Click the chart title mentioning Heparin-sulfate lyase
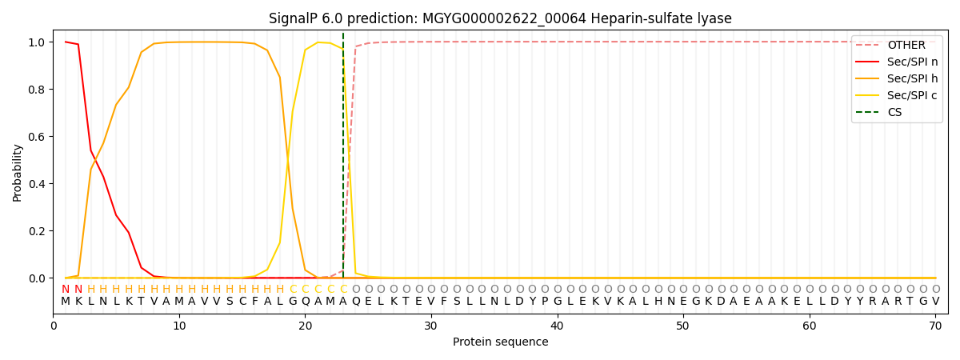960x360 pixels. pyautogui.click(x=500, y=18)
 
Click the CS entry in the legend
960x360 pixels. pyautogui.click(x=894, y=113)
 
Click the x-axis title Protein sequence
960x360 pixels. pyautogui.click(x=500, y=342)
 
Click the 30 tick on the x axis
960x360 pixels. pyautogui.click(x=431, y=326)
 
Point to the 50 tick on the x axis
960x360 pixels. pyautogui.click(x=683, y=326)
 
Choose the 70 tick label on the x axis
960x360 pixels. pyautogui.click(x=935, y=326)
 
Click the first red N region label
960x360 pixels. pyautogui.click(x=66, y=290)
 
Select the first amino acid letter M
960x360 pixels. pyautogui.click(x=66, y=302)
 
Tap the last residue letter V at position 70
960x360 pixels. pyautogui.click(x=935, y=302)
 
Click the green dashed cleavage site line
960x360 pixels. pyautogui.click(x=343, y=160)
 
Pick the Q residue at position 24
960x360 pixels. pyautogui.click(x=356, y=302)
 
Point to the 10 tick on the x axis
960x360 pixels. pyautogui.click(x=179, y=326)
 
